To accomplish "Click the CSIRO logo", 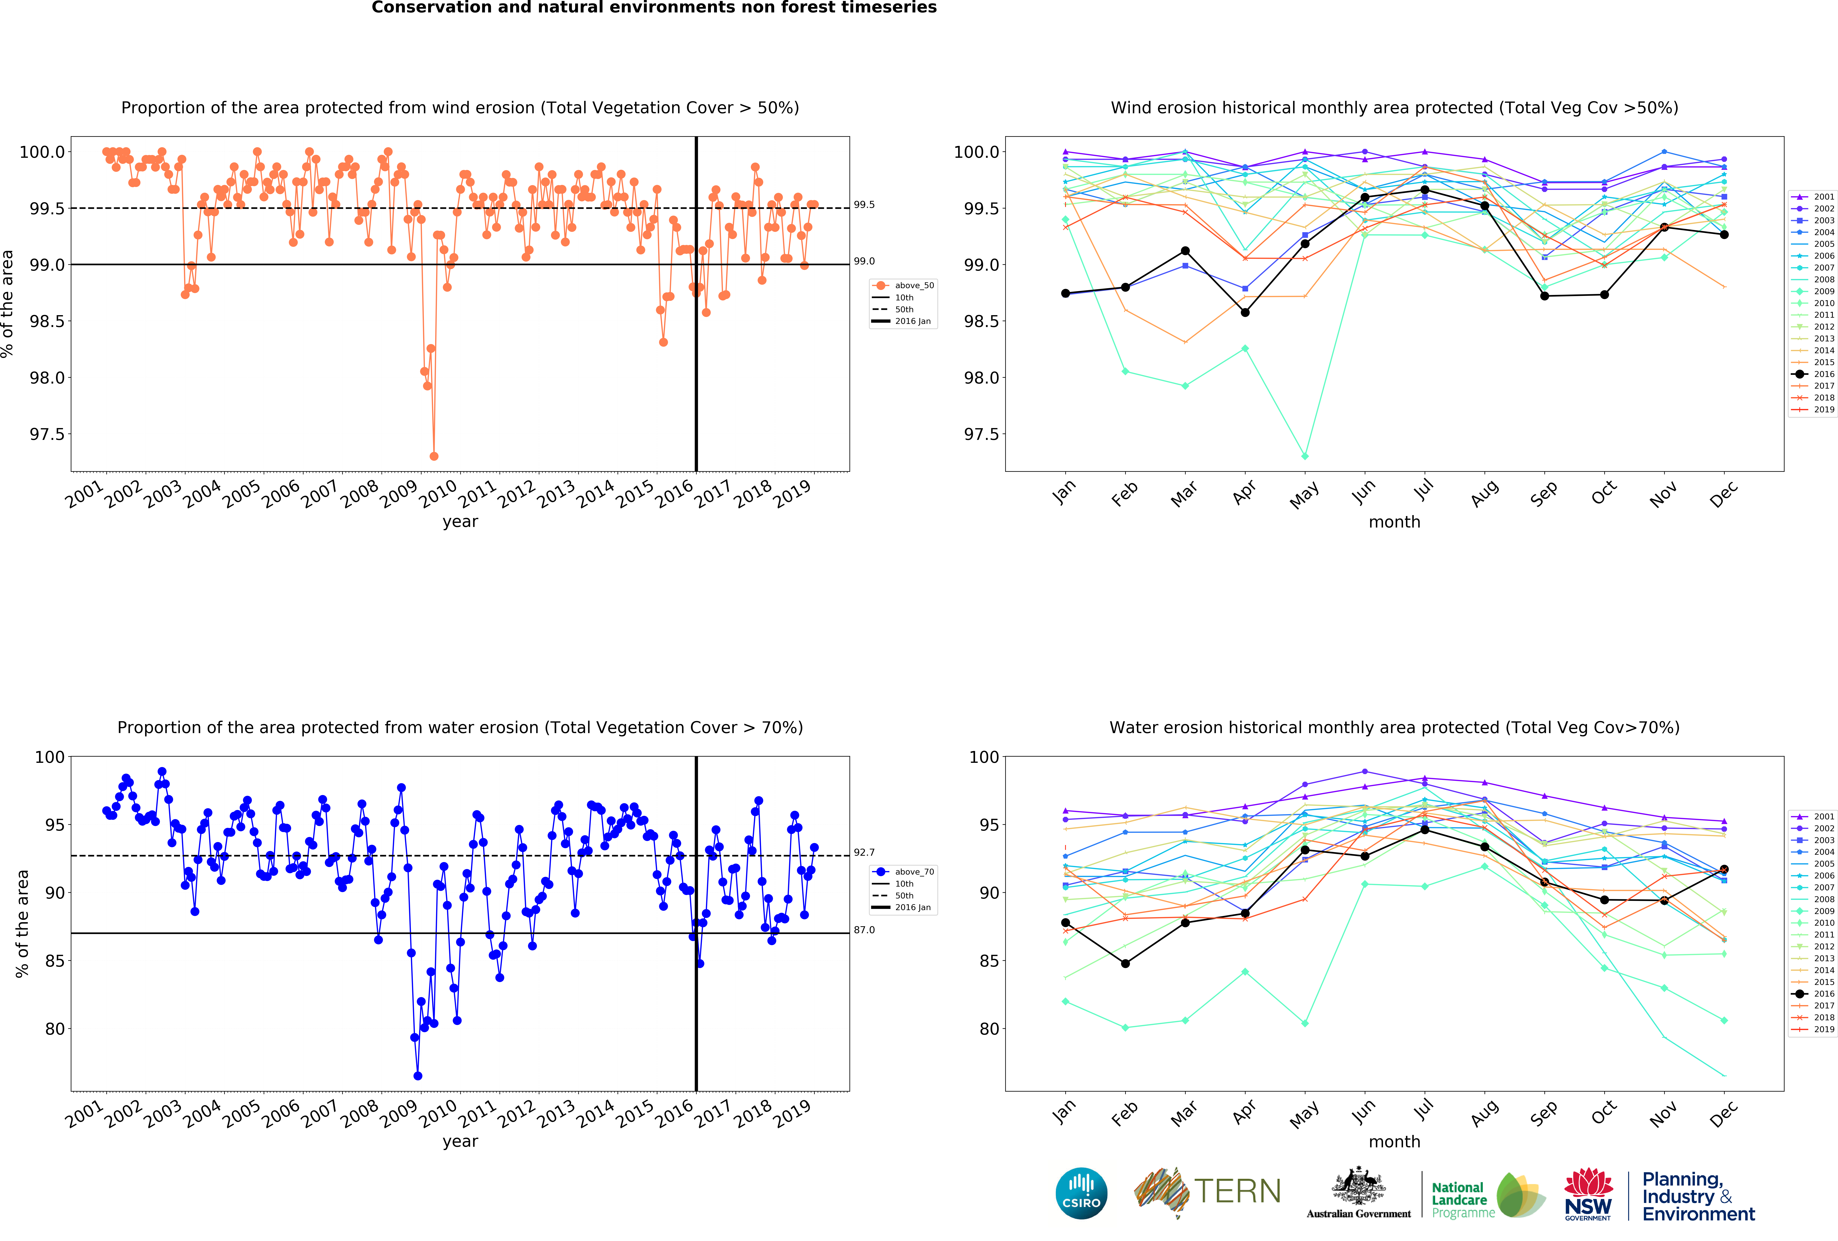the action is click(1081, 1193).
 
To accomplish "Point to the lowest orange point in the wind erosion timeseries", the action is click(433, 456).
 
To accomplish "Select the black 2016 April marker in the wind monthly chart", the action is click(1245, 312).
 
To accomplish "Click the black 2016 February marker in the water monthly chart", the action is click(1125, 964).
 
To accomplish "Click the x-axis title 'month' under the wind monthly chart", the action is click(1394, 522).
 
